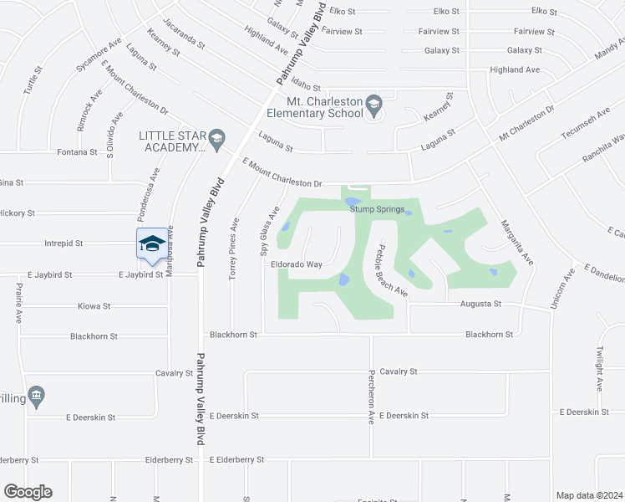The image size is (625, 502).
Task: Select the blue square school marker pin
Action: click(150, 243)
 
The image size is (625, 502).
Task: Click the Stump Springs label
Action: click(378, 210)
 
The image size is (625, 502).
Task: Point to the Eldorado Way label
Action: click(296, 264)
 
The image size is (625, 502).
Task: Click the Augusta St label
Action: click(480, 304)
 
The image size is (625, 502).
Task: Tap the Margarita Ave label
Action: click(516, 243)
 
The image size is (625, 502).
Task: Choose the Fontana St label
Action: click(72, 152)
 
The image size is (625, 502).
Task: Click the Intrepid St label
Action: click(64, 243)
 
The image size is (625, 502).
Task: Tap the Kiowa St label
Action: click(94, 306)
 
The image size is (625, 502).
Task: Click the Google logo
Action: click(28, 492)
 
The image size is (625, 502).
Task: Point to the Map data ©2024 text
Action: click(589, 495)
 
